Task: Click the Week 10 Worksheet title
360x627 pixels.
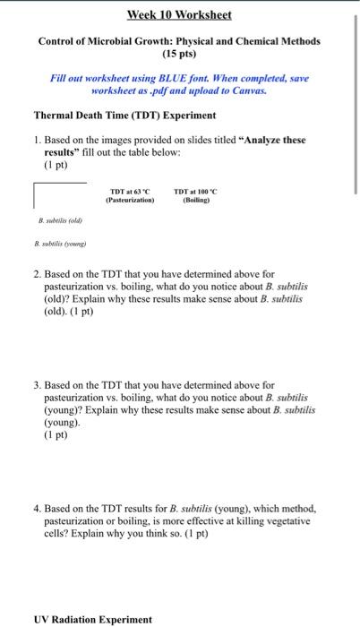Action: (178, 15)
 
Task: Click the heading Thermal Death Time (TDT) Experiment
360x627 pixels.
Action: (124, 116)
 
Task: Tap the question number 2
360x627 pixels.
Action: (37, 275)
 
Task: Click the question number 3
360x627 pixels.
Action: (37, 384)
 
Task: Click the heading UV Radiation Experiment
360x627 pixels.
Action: (93, 619)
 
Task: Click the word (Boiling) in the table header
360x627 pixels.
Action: (195, 201)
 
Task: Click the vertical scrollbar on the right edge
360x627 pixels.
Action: (355, 99)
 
